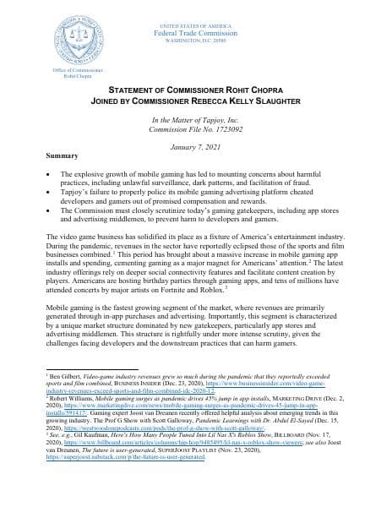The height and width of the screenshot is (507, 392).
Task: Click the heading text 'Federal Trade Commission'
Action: point(196,19)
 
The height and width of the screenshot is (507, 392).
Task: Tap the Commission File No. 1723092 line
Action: point(196,133)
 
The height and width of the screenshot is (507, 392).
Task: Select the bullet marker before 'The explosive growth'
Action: point(52,174)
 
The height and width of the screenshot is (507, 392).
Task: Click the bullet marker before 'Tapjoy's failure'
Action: point(52,194)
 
